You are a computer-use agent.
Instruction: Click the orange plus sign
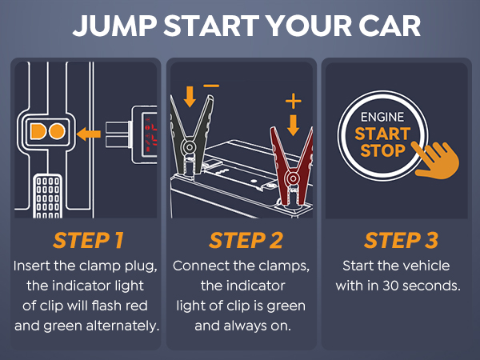point(294,102)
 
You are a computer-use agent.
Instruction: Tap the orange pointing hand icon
point(439,160)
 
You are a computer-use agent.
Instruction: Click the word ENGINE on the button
point(382,117)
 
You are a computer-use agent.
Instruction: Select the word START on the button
point(382,134)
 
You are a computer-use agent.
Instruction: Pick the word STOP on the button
point(382,151)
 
